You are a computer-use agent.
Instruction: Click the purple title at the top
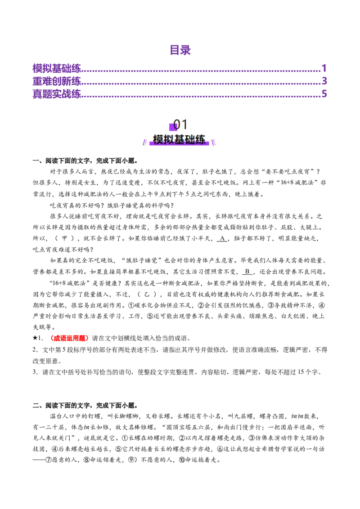coord(180,50)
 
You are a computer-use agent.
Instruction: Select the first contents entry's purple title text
coord(57,68)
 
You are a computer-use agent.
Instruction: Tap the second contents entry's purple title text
coord(57,81)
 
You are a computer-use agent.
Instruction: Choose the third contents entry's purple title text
coord(57,94)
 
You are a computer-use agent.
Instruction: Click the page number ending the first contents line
coord(324,68)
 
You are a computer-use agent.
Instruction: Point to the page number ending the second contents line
coord(324,81)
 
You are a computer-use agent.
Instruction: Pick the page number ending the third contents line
coord(324,94)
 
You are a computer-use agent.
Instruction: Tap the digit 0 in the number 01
coord(177,125)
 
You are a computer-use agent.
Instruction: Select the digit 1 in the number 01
coord(184,125)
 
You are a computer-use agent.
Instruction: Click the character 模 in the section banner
coord(158,140)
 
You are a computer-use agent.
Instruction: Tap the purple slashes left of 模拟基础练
coord(144,143)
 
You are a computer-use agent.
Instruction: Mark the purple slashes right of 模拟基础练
coord(214,143)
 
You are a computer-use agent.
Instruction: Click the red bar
coord(70,338)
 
